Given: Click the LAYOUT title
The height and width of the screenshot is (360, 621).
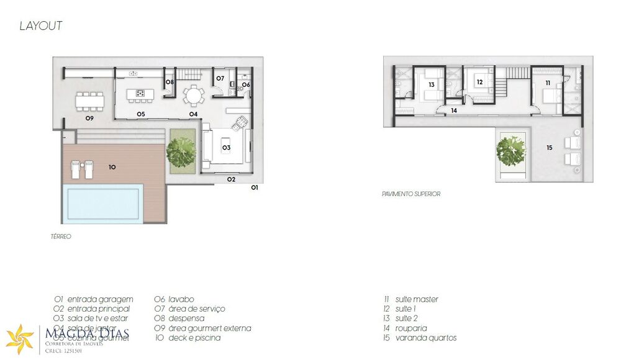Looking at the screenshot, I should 41,26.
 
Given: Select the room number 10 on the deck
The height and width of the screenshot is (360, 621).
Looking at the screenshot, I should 112,167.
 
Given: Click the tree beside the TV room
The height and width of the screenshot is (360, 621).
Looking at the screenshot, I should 181,151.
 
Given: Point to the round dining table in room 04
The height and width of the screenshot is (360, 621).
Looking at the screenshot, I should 193,96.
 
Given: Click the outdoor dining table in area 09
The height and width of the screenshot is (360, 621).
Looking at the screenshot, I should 90,99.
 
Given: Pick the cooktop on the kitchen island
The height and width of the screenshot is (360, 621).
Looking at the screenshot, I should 140,95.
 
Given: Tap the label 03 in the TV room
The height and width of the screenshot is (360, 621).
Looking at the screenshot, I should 226,148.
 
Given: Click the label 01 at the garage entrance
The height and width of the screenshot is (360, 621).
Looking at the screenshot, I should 254,187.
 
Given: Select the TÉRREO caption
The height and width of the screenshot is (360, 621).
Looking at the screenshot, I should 61,237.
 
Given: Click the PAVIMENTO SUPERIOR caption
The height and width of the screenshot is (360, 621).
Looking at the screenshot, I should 411,194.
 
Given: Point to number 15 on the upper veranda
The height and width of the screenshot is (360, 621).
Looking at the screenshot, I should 549,148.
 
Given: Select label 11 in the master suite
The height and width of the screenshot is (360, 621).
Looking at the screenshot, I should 548,82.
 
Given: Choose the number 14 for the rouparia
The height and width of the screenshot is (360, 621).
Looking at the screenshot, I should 453,110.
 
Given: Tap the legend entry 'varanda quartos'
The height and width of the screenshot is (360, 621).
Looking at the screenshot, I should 425,338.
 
